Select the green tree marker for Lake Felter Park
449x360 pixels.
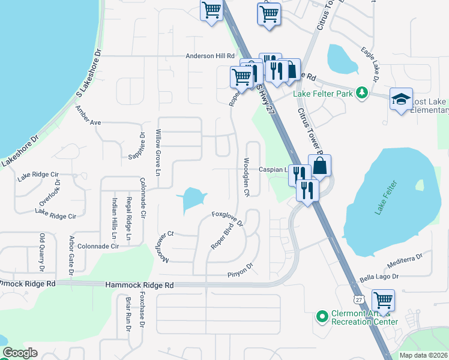(x=361, y=92)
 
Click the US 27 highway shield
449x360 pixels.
(x=358, y=299)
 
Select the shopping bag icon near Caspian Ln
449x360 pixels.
(x=320, y=166)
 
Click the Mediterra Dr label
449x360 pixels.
(x=406, y=256)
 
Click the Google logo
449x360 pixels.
(x=20, y=353)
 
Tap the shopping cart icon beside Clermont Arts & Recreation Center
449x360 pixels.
(x=383, y=299)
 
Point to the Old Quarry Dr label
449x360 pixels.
(x=42, y=251)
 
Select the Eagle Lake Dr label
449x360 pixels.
(x=369, y=64)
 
